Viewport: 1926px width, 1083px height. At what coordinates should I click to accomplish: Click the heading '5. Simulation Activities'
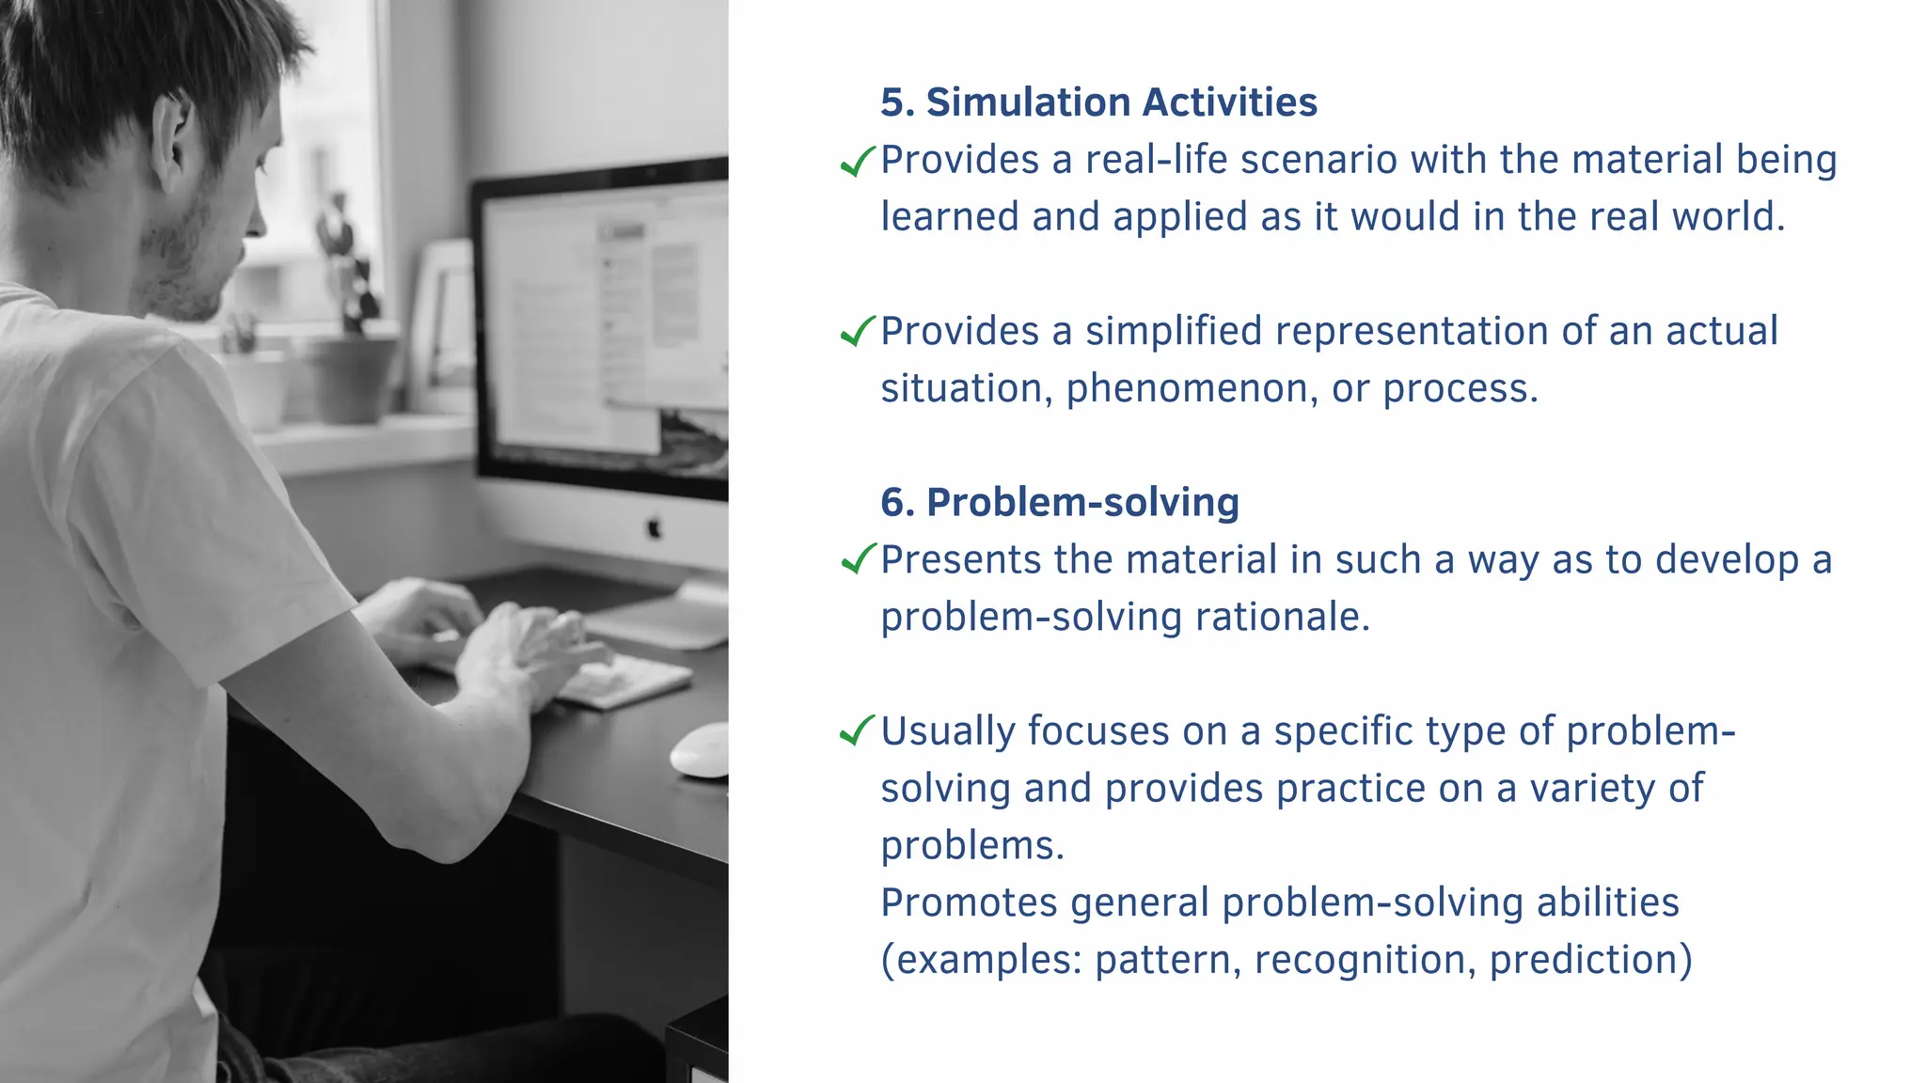coord(1097,102)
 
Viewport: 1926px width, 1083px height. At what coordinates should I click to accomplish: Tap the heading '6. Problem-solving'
coord(1059,502)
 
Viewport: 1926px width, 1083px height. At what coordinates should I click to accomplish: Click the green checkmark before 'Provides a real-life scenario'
coord(857,162)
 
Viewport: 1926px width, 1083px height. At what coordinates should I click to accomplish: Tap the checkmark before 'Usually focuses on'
coord(857,730)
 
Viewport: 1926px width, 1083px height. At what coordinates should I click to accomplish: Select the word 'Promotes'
coord(968,903)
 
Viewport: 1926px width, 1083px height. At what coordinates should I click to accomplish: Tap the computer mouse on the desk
coord(701,750)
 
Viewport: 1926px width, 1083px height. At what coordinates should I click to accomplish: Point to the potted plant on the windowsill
coord(350,367)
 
